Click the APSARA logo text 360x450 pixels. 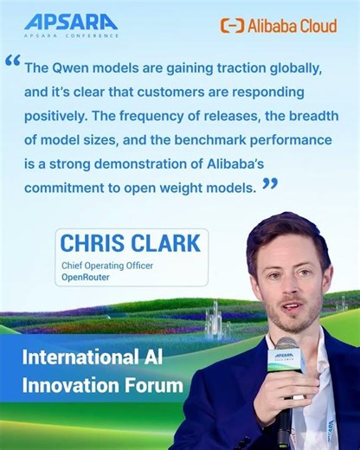click(71, 21)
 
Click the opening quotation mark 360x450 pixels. click(12, 61)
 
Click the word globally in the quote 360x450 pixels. click(267, 67)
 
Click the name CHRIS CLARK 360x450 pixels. click(130, 242)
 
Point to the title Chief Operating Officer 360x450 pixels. click(106, 266)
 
